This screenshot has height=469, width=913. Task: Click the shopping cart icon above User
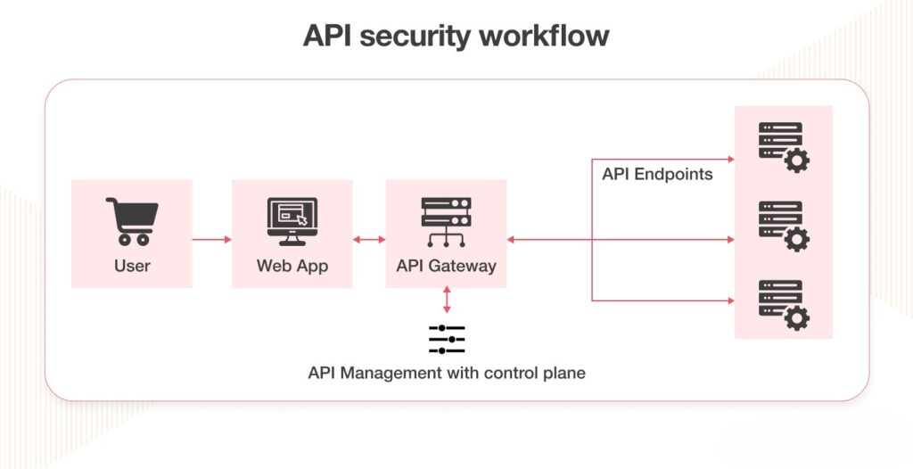(132, 220)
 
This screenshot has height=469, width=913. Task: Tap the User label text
(132, 266)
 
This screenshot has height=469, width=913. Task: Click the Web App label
(292, 266)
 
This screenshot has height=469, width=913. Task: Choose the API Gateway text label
(446, 266)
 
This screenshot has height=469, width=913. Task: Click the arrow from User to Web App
(211, 240)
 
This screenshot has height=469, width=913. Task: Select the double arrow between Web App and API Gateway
(369, 240)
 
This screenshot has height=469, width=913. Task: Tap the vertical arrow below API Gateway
(446, 300)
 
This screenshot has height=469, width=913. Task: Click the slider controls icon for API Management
(447, 339)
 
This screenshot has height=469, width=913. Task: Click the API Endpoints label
(657, 175)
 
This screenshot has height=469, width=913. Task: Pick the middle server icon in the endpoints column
(782, 226)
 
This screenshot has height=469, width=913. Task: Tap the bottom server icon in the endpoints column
(782, 304)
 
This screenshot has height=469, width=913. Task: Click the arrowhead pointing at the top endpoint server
(729, 160)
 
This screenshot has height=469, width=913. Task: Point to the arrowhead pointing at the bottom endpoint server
(729, 300)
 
